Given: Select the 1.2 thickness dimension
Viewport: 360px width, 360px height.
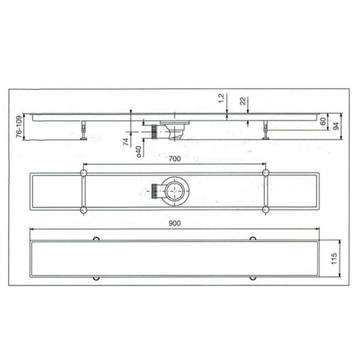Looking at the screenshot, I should tap(221, 99).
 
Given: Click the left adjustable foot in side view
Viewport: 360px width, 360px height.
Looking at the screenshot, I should tap(83, 131).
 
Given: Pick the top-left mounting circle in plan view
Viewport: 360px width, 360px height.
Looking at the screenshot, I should tap(83, 175).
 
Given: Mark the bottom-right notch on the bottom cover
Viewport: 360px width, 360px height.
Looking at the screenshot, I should tap(253, 278).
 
